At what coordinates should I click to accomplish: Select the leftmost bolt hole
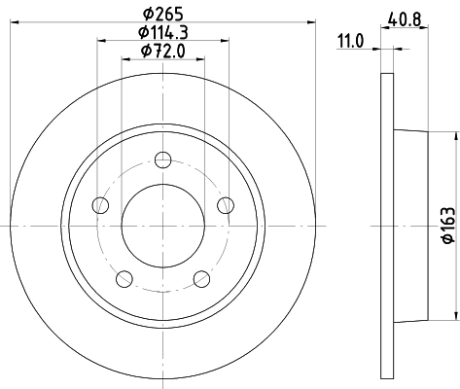pyautogui.click(x=99, y=205)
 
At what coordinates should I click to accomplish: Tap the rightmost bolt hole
pyautogui.click(x=226, y=204)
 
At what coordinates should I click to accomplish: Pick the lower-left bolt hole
pyautogui.click(x=124, y=279)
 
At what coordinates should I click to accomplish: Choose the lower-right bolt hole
pyautogui.click(x=202, y=279)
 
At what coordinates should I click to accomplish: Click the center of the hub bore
pyautogui.click(x=162, y=226)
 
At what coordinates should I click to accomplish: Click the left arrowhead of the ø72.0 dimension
pyautogui.click(x=124, y=58)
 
